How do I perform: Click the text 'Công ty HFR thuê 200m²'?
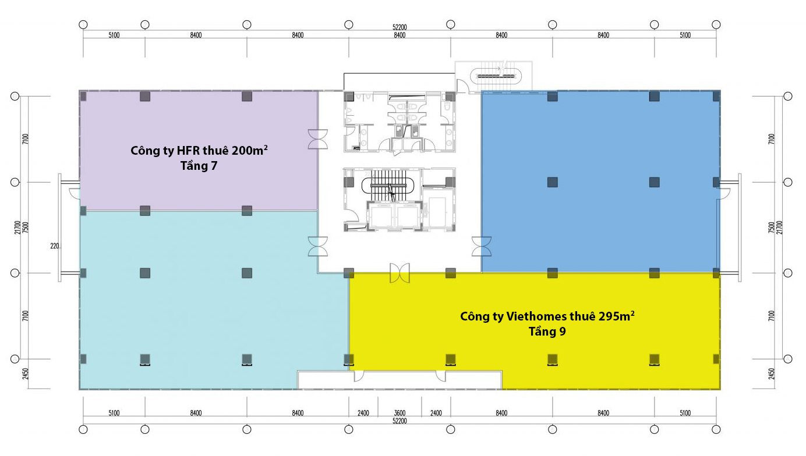tap(199, 150)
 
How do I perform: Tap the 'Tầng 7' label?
tap(199, 166)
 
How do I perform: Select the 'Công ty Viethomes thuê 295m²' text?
tap(547, 316)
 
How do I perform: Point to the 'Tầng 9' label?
tap(547, 332)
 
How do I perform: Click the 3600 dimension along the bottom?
tap(400, 413)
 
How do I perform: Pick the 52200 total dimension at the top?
tap(400, 27)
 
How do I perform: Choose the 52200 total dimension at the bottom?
tap(400, 421)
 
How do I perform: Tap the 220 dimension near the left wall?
tap(55, 246)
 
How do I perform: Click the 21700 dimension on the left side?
tap(17, 227)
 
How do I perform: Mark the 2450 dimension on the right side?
tap(772, 374)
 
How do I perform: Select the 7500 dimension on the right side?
tap(772, 227)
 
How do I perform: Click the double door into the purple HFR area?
tap(318, 139)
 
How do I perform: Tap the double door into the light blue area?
tap(318, 246)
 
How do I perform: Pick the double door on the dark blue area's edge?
tap(482, 246)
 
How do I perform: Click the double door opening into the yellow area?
tap(400, 273)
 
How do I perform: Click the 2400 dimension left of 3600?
tap(363, 413)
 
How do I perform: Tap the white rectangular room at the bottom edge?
tap(400, 380)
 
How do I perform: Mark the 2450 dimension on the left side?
tap(25, 374)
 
